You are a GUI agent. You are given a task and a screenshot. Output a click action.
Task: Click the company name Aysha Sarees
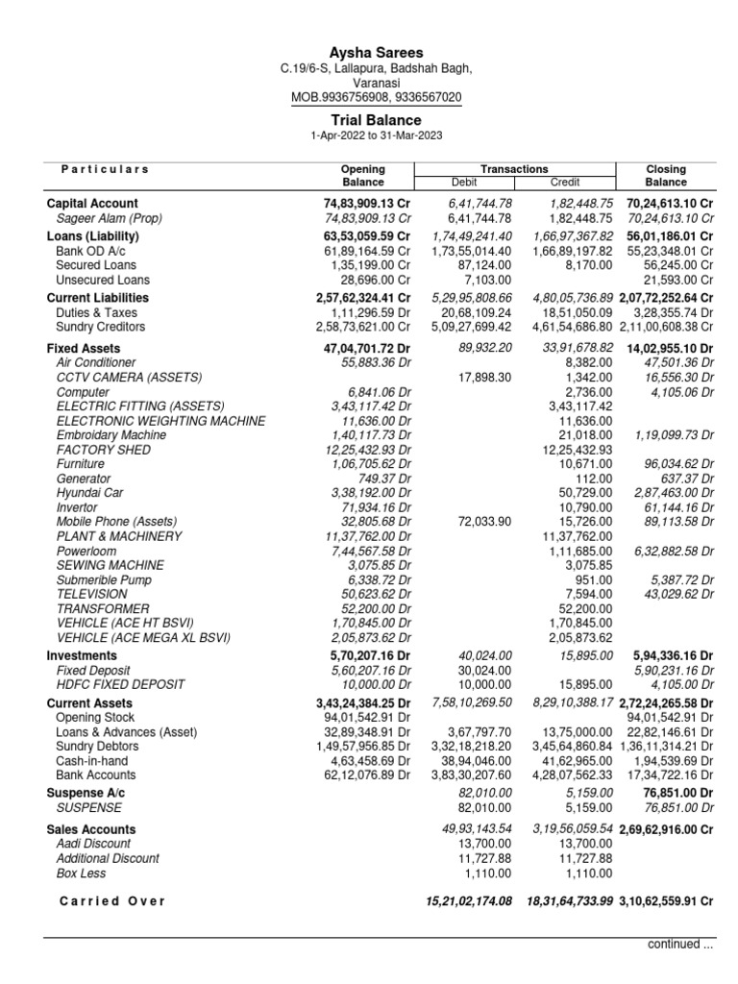tap(376, 53)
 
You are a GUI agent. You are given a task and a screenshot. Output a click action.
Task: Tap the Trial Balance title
tap(376, 120)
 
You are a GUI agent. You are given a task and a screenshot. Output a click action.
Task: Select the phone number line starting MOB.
tap(376, 98)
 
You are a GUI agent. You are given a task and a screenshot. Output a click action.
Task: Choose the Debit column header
tap(464, 182)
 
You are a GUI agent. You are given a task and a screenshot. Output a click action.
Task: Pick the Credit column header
tap(565, 182)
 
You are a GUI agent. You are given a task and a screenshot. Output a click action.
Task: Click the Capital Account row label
tap(92, 204)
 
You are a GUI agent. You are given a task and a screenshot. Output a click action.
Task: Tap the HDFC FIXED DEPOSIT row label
tap(120, 684)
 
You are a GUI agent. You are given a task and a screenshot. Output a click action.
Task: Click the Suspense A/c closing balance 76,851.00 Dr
tap(677, 794)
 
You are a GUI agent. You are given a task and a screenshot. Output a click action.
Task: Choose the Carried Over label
tap(111, 901)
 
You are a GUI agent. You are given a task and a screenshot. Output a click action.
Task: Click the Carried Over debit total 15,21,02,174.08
tap(469, 901)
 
